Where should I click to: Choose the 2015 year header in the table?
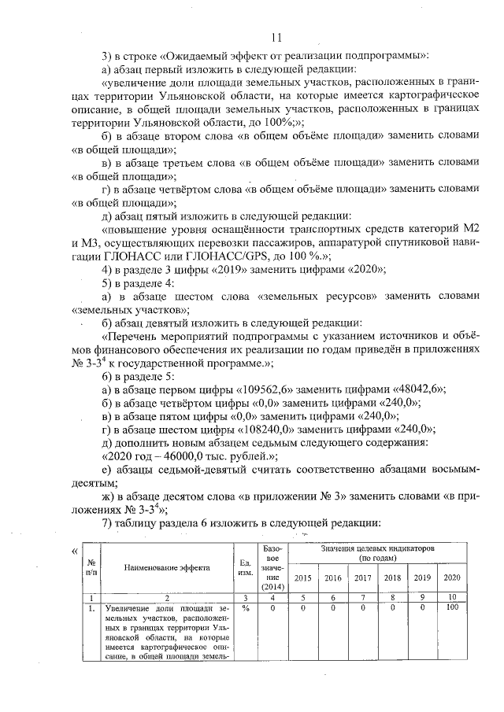coord(302,578)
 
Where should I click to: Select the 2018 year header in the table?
coord(391,578)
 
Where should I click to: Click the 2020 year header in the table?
coord(452,578)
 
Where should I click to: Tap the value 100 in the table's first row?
coord(452,608)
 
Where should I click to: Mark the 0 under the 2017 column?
coord(362,608)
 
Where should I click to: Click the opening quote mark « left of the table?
coord(75,550)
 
